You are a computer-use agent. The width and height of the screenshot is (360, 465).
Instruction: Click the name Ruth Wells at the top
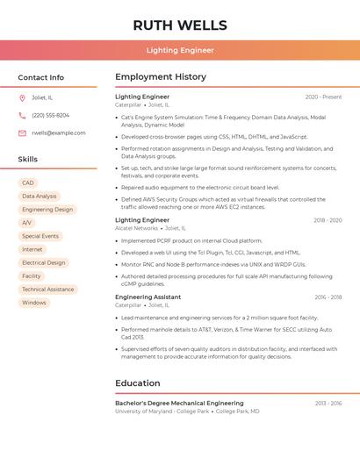point(180,25)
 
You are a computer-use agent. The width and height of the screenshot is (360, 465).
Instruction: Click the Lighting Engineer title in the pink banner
point(180,50)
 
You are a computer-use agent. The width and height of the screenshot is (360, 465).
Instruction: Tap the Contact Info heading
point(41,77)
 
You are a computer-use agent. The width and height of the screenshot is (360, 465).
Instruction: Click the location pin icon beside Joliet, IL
point(22,98)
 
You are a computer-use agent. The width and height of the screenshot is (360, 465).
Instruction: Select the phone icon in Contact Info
point(22,116)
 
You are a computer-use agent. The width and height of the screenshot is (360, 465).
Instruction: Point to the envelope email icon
point(22,133)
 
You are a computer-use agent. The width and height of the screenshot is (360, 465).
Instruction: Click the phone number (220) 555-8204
point(51,116)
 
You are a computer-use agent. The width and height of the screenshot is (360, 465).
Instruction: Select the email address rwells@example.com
point(59,133)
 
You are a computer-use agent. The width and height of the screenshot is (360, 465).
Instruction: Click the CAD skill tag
point(28,183)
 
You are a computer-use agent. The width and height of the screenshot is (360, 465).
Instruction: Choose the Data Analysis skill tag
point(40,197)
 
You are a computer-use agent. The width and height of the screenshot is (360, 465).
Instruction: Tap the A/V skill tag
point(26,223)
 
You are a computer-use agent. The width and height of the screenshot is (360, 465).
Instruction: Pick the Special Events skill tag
point(40,236)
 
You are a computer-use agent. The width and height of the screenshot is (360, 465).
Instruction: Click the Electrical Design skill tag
point(44,262)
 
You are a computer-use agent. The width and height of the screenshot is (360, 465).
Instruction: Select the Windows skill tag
point(34,303)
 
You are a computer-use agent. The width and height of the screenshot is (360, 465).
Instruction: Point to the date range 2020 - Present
point(323,97)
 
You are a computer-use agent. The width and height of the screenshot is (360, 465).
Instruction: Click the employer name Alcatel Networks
point(137,228)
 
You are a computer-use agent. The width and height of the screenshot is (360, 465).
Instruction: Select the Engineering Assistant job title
point(148,297)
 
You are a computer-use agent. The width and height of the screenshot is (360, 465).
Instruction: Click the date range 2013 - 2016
point(328,404)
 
